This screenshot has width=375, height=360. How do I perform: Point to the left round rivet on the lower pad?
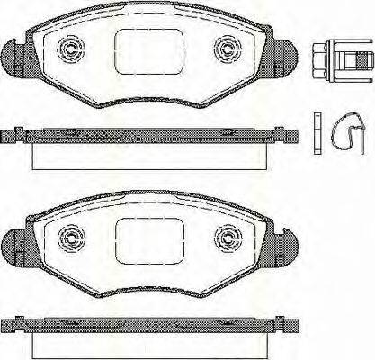click(71, 238)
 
